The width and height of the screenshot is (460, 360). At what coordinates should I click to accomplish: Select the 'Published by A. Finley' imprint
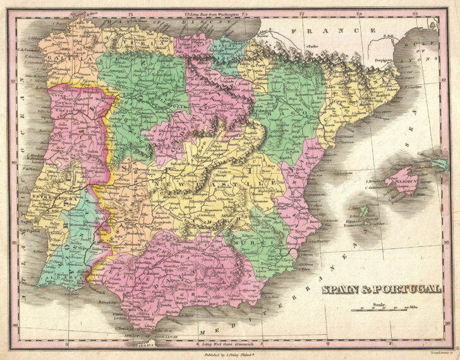tap(226, 354)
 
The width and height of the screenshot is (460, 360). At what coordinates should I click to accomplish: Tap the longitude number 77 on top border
tap(301, 13)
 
